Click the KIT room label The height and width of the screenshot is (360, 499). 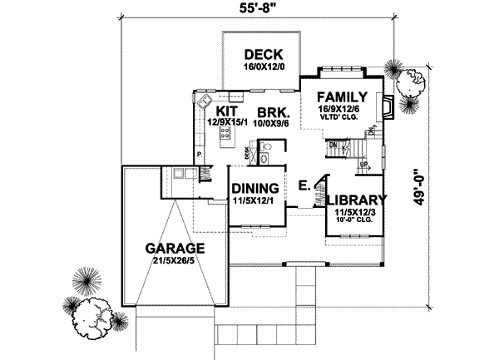[228, 111]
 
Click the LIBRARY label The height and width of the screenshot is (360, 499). [355, 200]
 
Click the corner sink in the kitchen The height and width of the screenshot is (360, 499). [202, 103]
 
